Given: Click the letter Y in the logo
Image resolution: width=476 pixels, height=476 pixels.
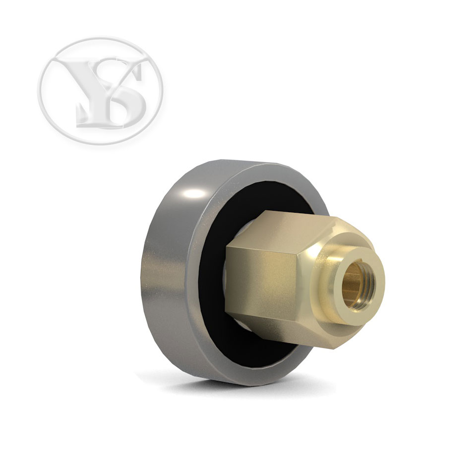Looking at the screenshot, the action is coord(91,91).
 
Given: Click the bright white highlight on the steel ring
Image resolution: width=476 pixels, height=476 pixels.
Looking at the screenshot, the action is coord(194,193).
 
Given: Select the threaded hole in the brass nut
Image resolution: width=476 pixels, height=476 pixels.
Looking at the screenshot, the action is coord(358,286).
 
